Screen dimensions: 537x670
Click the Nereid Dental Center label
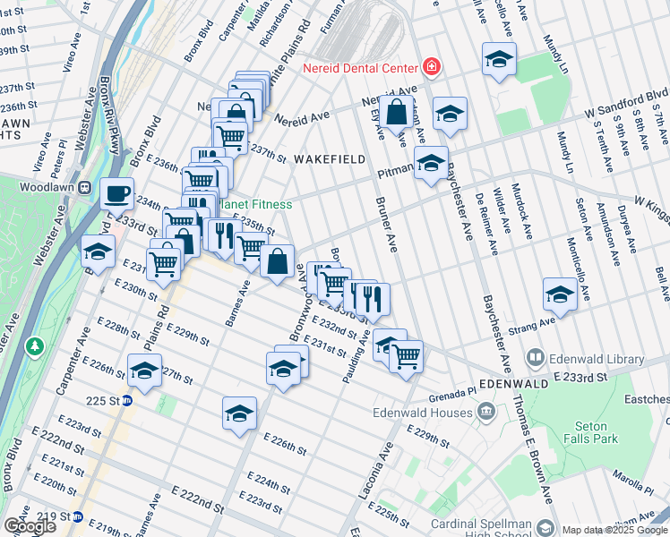(360, 68)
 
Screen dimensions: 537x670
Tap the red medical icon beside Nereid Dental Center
(432, 67)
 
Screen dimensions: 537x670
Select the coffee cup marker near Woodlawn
(116, 192)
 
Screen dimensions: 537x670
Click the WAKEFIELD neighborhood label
(330, 159)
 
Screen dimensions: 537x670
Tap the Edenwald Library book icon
(536, 358)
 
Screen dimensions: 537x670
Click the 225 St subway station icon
(127, 400)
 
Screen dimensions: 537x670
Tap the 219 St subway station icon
(78, 516)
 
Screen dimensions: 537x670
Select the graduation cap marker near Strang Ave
(560, 294)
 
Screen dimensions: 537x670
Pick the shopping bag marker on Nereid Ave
(395, 113)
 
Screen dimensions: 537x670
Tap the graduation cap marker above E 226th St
(239, 413)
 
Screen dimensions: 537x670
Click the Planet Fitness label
(257, 204)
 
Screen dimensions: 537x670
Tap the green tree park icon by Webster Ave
(34, 345)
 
